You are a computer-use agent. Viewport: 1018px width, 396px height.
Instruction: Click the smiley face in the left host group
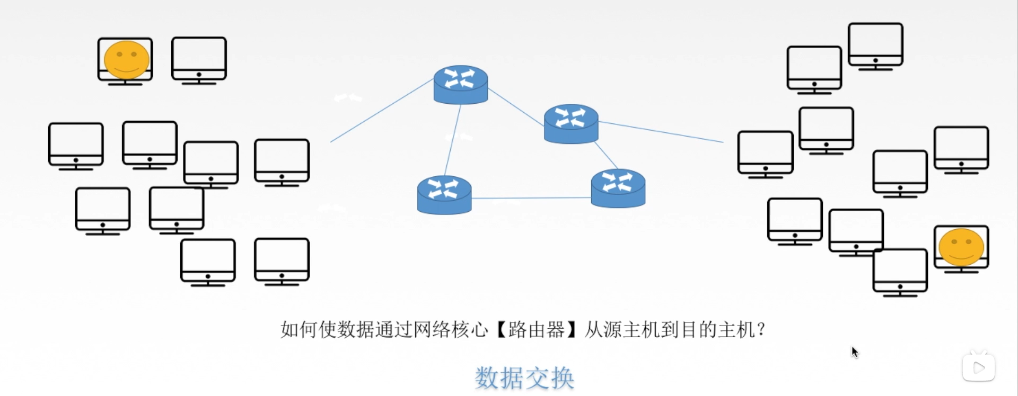(x=126, y=60)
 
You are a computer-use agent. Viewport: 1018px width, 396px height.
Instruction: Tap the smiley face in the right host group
(x=961, y=247)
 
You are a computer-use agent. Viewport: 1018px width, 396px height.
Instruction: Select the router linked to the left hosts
(x=460, y=84)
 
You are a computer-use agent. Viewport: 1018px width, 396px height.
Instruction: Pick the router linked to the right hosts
(x=571, y=123)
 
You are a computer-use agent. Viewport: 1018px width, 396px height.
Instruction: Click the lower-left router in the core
(x=444, y=194)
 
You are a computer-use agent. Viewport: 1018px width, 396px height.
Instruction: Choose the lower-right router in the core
(x=618, y=188)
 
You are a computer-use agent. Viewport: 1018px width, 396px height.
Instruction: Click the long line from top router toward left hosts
(x=382, y=110)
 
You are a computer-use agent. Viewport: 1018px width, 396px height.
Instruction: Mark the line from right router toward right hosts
(x=661, y=132)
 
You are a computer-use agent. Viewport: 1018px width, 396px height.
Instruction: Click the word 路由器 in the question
(x=536, y=330)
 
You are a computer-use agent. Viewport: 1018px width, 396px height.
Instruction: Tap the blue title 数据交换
(x=524, y=378)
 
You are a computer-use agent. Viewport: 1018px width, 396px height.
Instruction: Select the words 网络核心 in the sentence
(x=450, y=330)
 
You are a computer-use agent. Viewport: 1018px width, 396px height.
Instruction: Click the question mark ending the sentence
(x=761, y=330)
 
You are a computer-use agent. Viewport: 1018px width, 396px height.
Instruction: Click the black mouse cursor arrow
(x=854, y=352)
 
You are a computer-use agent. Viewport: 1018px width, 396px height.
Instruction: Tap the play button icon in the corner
(x=979, y=367)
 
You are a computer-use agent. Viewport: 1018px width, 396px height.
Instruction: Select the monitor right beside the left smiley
(x=199, y=60)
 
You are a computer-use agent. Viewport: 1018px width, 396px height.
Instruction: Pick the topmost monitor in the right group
(x=875, y=46)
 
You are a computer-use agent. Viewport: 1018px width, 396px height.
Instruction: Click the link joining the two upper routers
(x=515, y=107)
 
